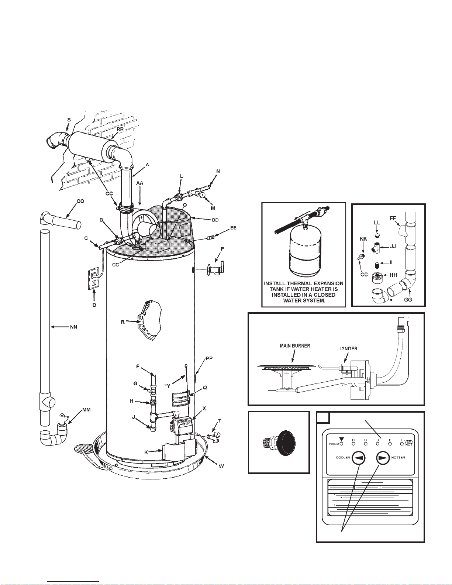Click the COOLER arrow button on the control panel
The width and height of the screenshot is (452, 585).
(358, 457)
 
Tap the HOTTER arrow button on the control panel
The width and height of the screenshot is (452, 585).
(383, 457)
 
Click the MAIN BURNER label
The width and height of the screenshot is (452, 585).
(295, 346)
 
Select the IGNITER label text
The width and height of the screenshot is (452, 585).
(349, 349)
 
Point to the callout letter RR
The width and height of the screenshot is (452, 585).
(120, 129)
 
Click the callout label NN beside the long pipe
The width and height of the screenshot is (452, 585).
(73, 327)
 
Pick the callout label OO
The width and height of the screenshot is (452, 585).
(80, 202)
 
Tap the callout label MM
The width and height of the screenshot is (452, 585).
(86, 410)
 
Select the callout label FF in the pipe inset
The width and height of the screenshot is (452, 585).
(393, 218)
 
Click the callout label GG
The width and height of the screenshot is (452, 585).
(408, 299)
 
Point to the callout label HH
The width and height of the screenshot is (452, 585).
(393, 275)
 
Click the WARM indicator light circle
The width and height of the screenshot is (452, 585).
(341, 444)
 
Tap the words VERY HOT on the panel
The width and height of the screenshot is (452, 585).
(408, 443)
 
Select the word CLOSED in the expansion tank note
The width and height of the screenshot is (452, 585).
(325, 295)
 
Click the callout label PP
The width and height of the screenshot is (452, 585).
(209, 359)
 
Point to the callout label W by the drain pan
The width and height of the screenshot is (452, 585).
(221, 466)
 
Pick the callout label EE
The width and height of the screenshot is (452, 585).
(233, 228)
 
